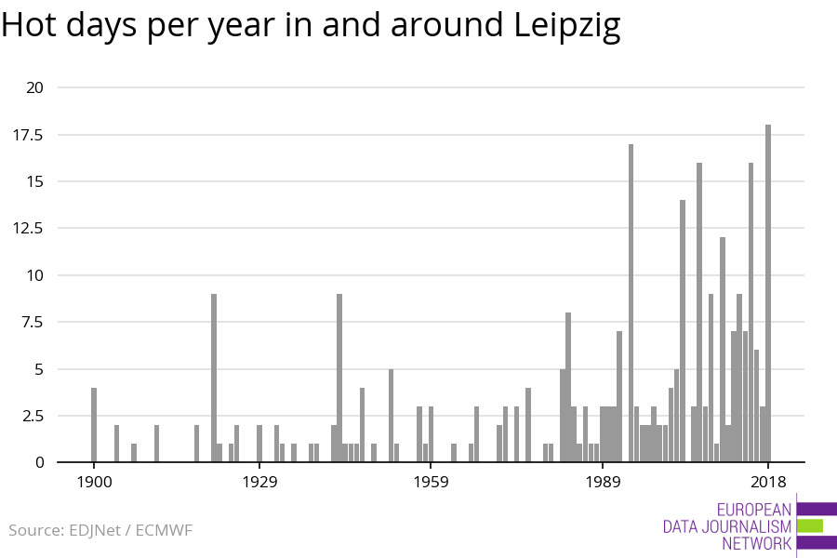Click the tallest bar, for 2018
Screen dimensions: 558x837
[x=768, y=293]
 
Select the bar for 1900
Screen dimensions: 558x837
[x=94, y=424]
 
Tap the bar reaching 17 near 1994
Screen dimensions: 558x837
[x=631, y=302]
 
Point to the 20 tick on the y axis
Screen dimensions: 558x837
[x=35, y=87]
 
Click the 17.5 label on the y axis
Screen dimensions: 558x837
[x=28, y=135]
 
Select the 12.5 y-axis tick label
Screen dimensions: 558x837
[x=28, y=228]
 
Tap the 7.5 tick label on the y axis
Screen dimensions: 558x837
[x=32, y=322]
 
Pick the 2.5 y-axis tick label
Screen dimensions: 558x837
[x=32, y=416]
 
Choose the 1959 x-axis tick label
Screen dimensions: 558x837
[x=432, y=482]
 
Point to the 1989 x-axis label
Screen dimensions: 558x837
[x=603, y=482]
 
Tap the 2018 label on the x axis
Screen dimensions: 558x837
[x=768, y=482]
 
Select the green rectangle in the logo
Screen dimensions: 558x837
[x=809, y=525]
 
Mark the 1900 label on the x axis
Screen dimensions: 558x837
[x=94, y=482]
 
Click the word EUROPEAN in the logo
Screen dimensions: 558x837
[x=754, y=509]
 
